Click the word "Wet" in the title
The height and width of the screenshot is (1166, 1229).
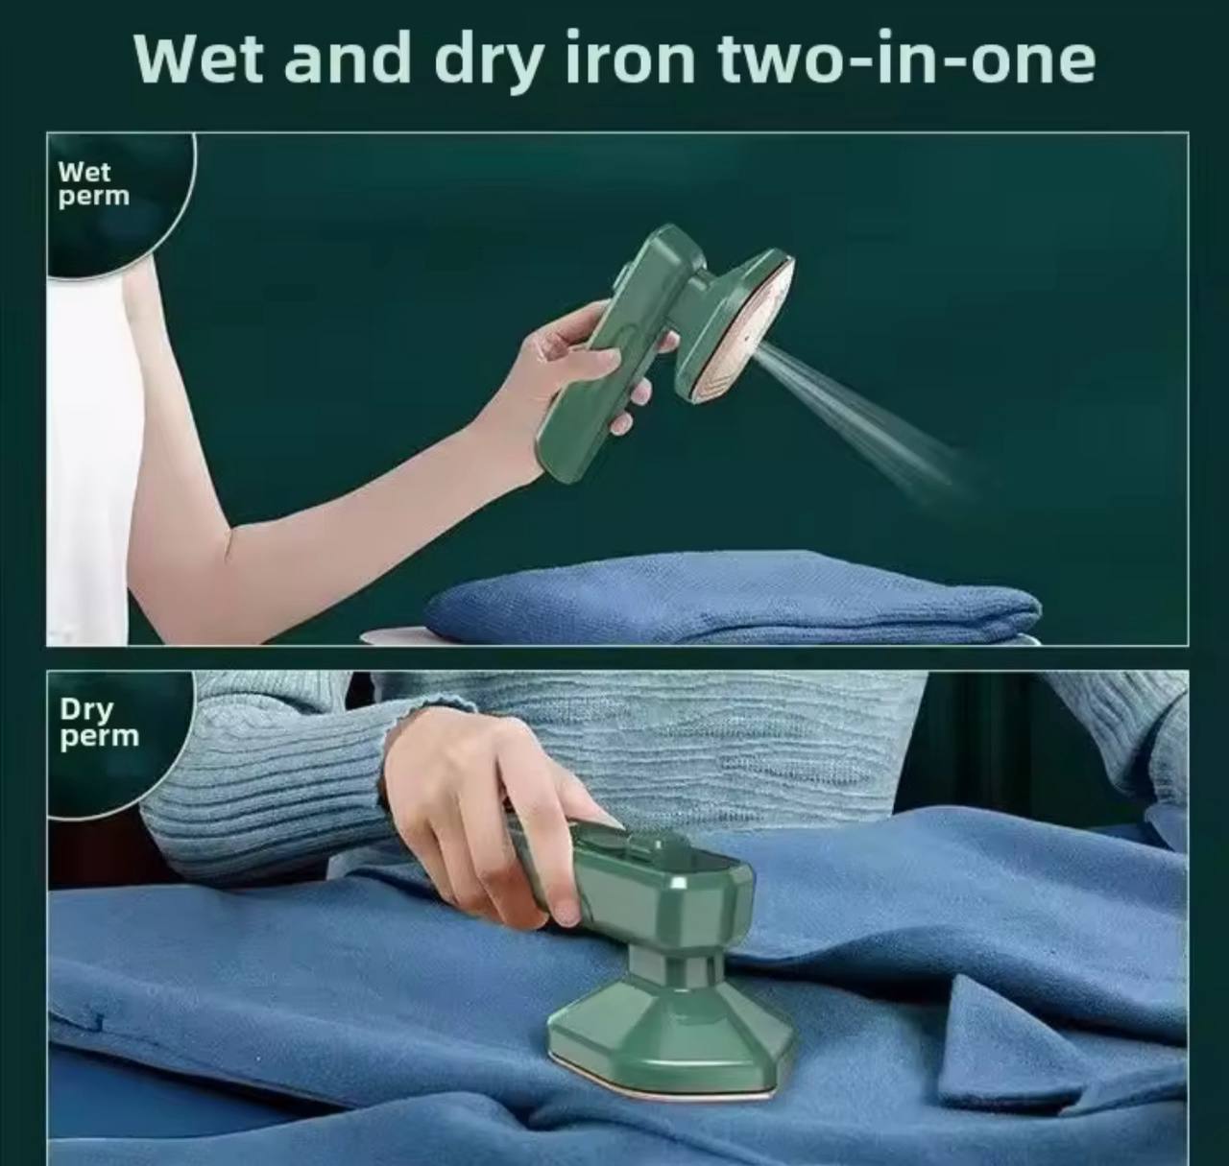point(199,59)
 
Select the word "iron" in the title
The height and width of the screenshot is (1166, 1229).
point(632,57)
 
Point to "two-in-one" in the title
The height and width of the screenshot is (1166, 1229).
point(906,59)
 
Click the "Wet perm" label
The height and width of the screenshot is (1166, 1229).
point(94,183)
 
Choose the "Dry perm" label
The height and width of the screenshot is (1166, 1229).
point(99,723)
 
